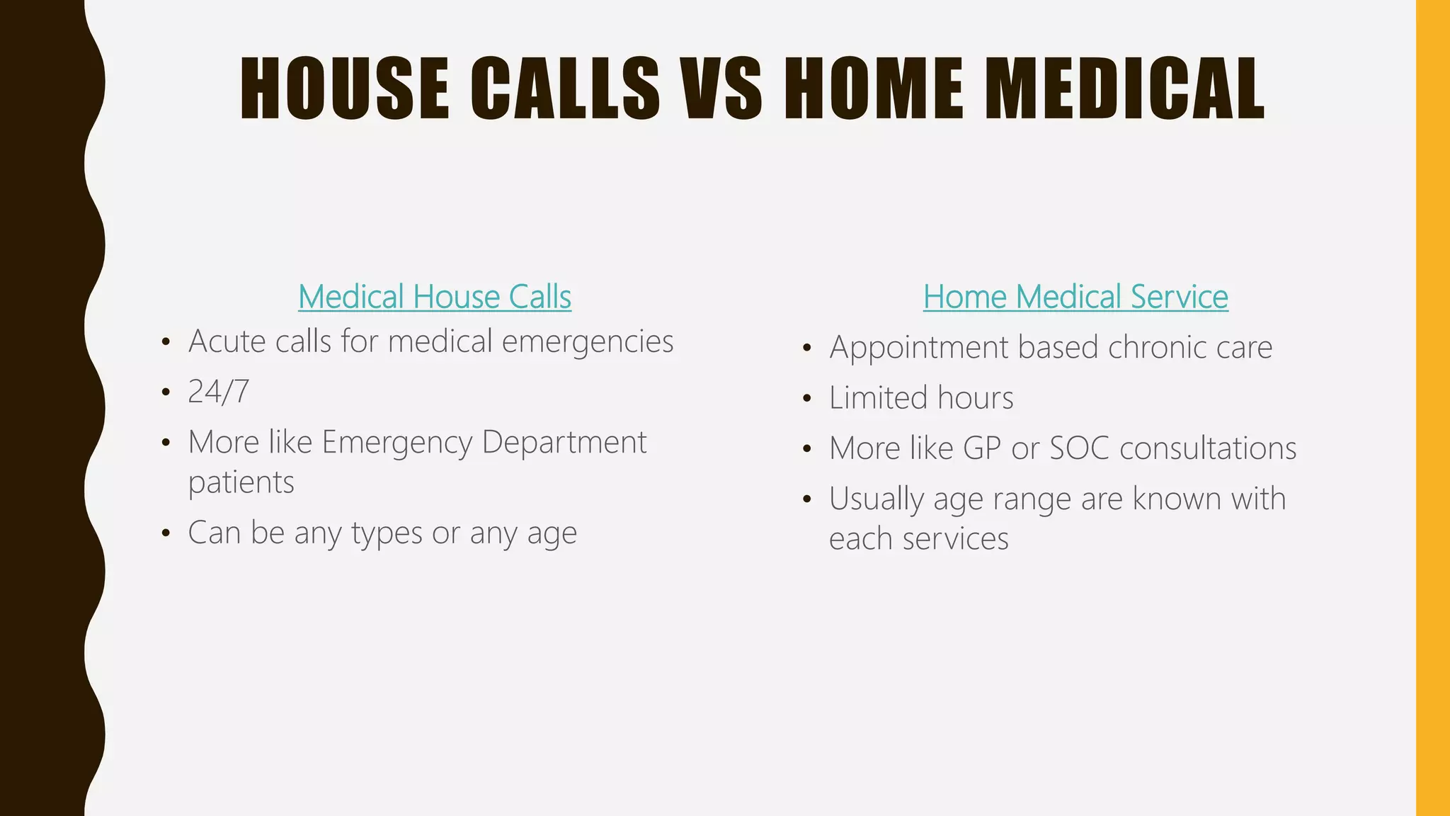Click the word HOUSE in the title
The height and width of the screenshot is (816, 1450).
coord(345,89)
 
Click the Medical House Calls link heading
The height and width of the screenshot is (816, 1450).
coord(434,297)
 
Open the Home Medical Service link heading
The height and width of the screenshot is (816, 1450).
coord(1075,297)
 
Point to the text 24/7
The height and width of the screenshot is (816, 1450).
coord(218,392)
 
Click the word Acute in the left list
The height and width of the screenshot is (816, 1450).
coord(227,341)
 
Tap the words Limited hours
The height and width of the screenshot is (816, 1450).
coord(920,398)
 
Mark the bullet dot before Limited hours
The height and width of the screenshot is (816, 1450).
coord(807,399)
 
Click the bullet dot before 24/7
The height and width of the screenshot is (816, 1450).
coord(166,392)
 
